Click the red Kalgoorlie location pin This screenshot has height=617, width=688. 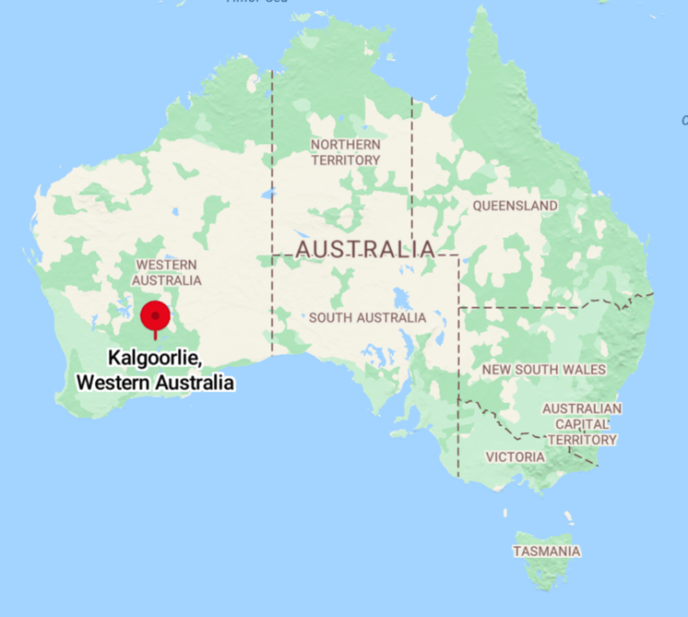pyautogui.click(x=156, y=317)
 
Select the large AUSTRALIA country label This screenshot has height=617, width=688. pyautogui.click(x=365, y=248)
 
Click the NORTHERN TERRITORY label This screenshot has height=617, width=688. pyautogui.click(x=346, y=152)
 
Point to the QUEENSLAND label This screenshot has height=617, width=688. pyautogui.click(x=515, y=206)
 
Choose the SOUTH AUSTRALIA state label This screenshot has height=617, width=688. pyautogui.click(x=367, y=318)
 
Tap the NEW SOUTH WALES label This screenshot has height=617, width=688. pyautogui.click(x=544, y=369)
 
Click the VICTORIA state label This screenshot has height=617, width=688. pyautogui.click(x=515, y=457)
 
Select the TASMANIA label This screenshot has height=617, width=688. pyautogui.click(x=546, y=551)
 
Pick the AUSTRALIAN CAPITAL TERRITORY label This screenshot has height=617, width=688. pyautogui.click(x=582, y=424)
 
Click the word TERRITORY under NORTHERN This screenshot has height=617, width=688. pyautogui.click(x=346, y=160)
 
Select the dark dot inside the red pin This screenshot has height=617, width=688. pyautogui.click(x=156, y=315)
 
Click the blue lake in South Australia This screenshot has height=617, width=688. pyautogui.click(x=396, y=298)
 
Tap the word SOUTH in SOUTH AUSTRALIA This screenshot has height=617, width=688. pyautogui.click(x=329, y=318)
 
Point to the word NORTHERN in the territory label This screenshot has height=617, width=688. pyautogui.click(x=346, y=144)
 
